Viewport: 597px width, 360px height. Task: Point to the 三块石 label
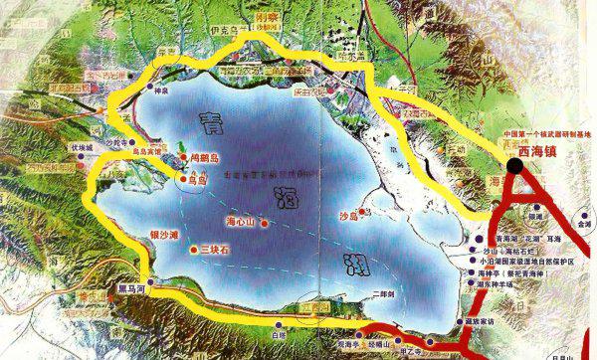[216, 248]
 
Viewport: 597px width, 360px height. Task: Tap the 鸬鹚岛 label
[203, 156]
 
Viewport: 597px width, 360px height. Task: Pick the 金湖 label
[582, 226]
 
